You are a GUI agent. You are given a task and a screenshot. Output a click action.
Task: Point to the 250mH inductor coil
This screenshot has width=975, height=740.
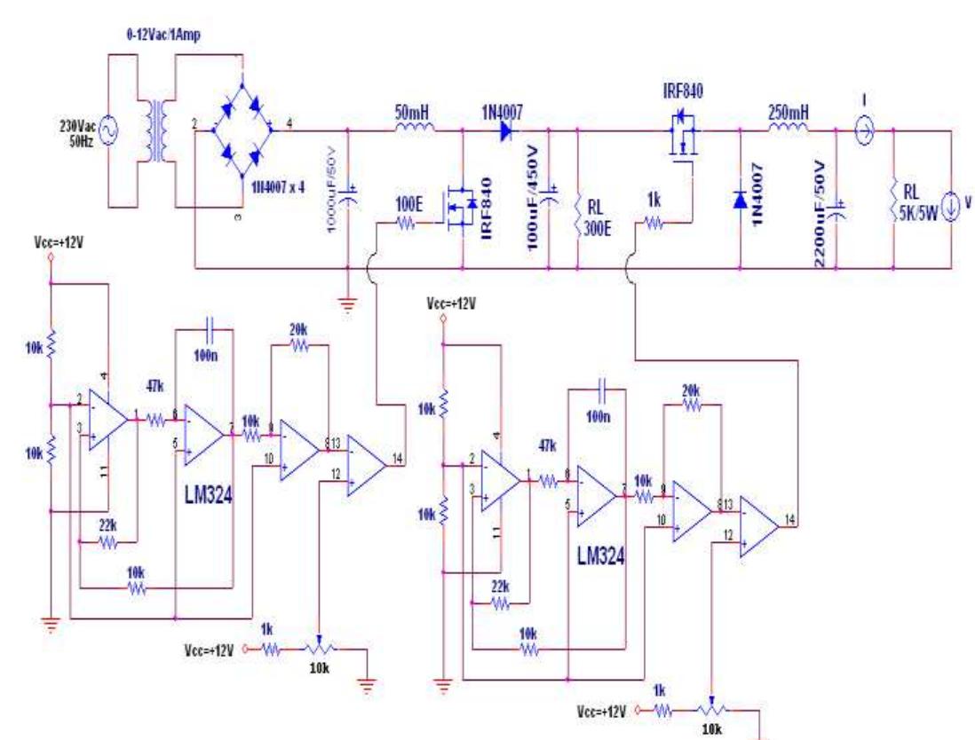click(x=788, y=130)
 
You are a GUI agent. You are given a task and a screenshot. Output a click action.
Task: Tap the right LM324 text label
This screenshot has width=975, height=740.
click(x=599, y=557)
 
